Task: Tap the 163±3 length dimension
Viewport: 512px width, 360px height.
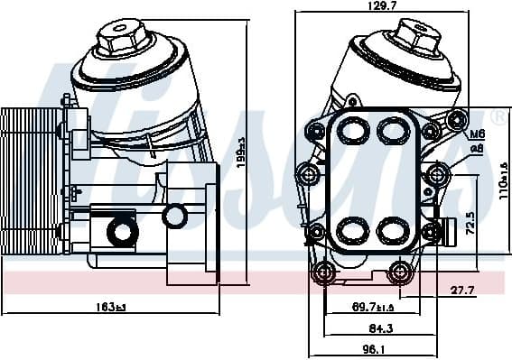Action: tap(110, 307)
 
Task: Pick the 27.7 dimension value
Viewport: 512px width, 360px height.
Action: tap(463, 291)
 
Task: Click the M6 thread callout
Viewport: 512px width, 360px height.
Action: tap(478, 134)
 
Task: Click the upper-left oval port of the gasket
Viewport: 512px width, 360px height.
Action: tap(353, 130)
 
